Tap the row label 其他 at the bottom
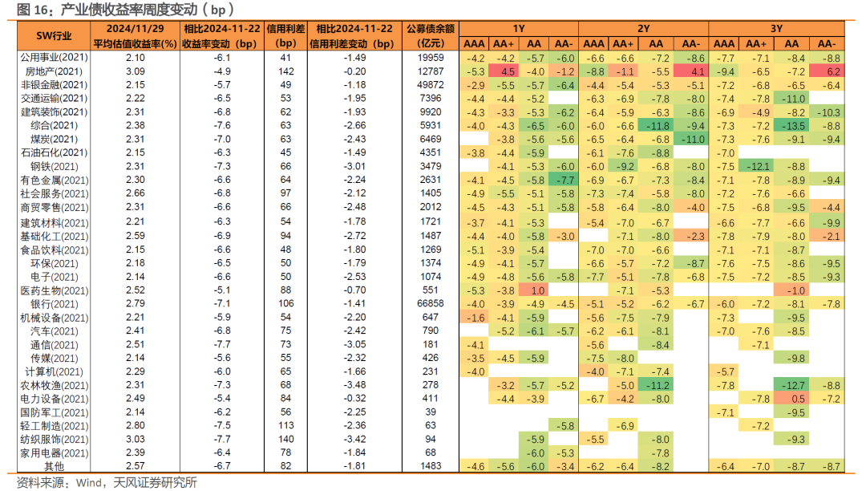(x=54, y=466)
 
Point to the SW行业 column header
(x=53, y=35)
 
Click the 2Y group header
(x=643, y=28)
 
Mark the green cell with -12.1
(x=757, y=166)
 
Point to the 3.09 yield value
(x=136, y=71)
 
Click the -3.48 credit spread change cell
(x=353, y=385)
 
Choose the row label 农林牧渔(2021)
(x=53, y=385)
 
